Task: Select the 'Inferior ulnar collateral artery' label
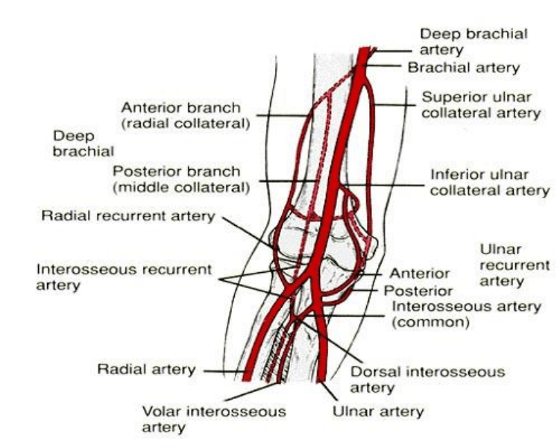490,183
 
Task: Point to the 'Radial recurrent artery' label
128,216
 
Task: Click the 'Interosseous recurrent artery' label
124,277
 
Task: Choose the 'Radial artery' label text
146,369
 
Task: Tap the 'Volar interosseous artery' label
205,419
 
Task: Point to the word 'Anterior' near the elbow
420,274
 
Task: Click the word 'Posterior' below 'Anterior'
418,290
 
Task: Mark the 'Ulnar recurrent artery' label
515,264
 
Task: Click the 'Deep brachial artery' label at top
474,41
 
